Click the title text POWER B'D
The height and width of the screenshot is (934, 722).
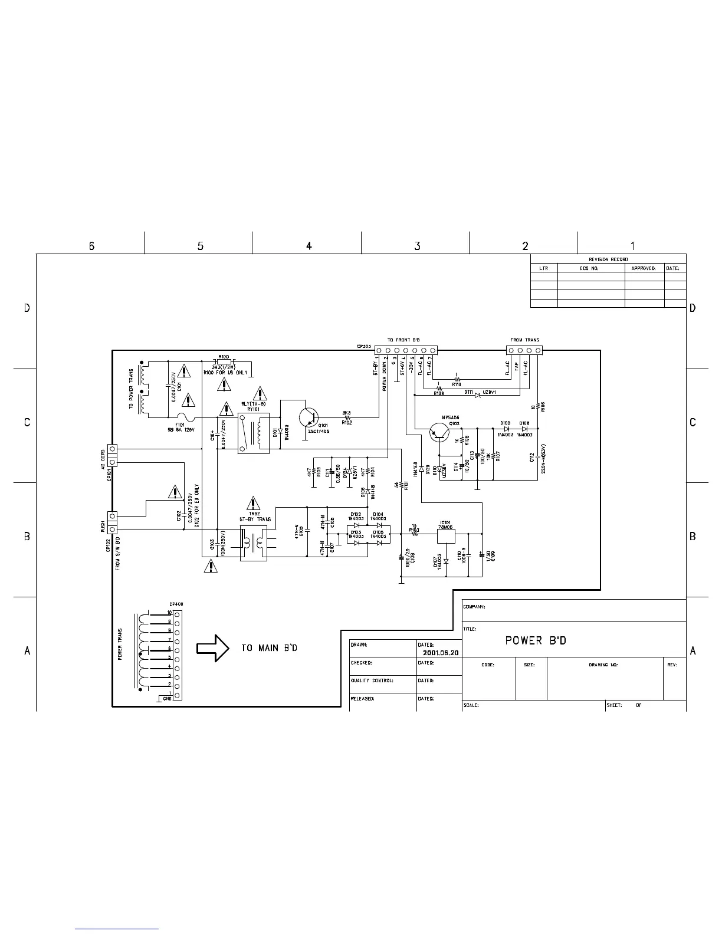click(x=536, y=640)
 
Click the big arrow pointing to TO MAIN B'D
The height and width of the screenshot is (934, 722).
click(x=212, y=647)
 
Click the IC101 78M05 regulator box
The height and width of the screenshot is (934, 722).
click(x=445, y=535)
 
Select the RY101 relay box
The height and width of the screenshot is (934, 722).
click(x=254, y=433)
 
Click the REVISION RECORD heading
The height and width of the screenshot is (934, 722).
click(x=608, y=259)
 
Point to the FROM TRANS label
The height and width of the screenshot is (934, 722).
click(x=524, y=340)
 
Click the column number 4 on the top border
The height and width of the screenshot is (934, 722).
click(x=309, y=246)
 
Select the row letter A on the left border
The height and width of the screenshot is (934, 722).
click(x=27, y=651)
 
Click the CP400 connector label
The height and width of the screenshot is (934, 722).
click(x=176, y=604)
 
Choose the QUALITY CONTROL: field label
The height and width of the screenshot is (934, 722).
click(x=372, y=680)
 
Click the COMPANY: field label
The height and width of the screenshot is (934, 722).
click(x=474, y=607)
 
